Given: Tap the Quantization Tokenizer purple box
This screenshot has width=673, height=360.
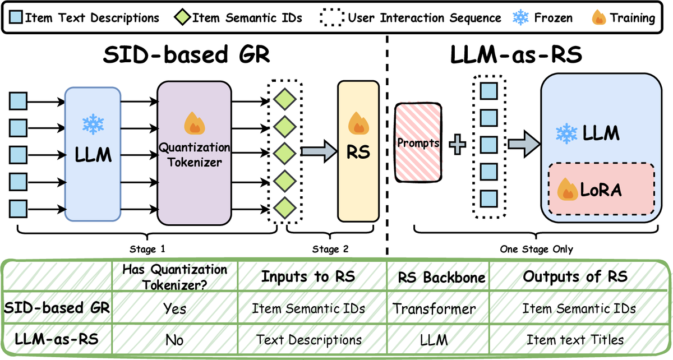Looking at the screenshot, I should point(193,153).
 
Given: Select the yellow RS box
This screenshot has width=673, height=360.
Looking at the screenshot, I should point(358,151).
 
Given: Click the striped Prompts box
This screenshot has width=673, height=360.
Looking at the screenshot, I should point(418,143).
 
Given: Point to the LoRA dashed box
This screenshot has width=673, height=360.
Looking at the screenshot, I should point(601,188).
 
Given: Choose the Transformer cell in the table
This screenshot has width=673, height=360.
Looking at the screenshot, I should point(434,308).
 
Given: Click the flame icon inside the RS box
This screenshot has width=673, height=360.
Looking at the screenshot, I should point(357,122).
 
